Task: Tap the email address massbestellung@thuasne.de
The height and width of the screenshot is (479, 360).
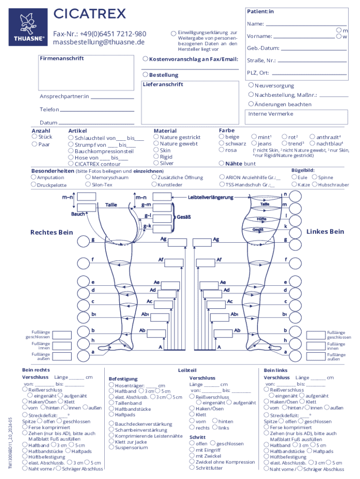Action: pos(99,42)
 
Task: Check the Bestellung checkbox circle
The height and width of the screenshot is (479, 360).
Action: pos(145,74)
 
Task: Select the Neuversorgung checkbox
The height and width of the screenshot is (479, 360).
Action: pos(251,86)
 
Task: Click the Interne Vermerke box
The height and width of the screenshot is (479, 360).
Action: pos(297,117)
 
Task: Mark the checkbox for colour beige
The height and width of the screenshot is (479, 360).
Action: pos(222,137)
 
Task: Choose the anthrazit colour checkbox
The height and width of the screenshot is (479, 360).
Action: pos(313,137)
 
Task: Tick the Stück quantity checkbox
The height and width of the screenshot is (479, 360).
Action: pos(34,137)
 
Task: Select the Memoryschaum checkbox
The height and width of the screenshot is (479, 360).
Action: pos(88,177)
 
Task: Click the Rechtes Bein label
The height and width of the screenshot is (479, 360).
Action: pos(52,232)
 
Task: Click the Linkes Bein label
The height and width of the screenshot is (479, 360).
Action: pos(325,232)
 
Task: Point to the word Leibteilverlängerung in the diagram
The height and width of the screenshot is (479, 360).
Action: pos(210,197)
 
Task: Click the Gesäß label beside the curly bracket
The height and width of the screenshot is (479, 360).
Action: pos(183,217)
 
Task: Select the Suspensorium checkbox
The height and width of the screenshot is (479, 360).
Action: pos(111,447)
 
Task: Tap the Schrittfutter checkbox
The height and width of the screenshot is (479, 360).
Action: pos(192,468)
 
